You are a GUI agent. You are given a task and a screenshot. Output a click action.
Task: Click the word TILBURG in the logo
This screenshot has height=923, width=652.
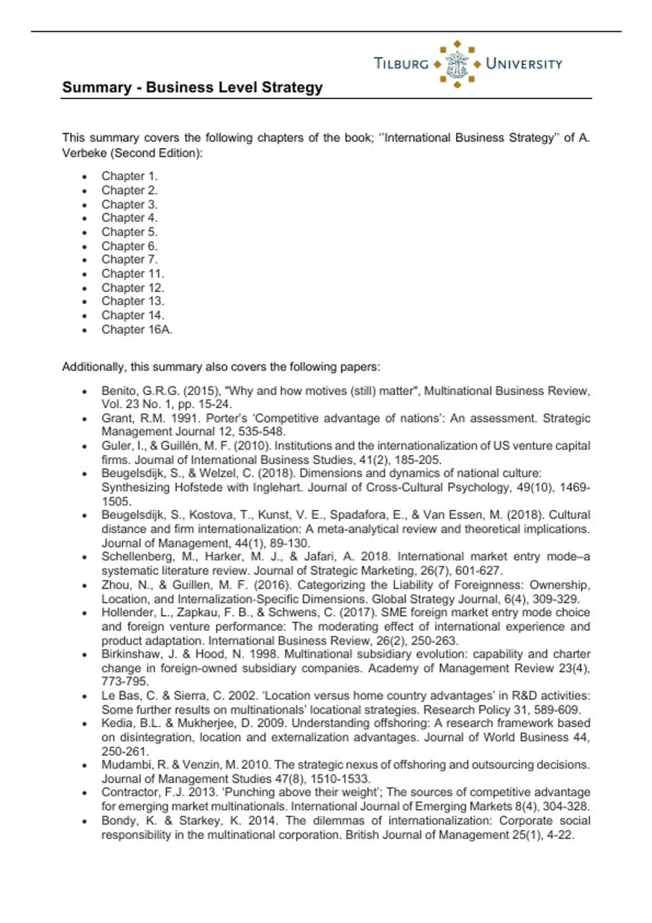point(401,64)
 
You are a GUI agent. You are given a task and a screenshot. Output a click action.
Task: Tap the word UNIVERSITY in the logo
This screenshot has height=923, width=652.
point(524,64)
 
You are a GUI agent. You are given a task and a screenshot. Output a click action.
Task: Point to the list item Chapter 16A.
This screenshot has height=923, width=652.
point(136,330)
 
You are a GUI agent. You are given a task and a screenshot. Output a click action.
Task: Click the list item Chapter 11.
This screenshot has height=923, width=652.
point(133,274)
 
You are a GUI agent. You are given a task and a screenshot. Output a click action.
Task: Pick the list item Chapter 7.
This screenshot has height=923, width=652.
point(129,260)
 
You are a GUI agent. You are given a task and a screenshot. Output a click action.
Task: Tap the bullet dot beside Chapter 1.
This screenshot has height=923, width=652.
point(84,176)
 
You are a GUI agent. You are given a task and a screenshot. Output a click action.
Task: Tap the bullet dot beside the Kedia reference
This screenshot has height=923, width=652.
point(84,724)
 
